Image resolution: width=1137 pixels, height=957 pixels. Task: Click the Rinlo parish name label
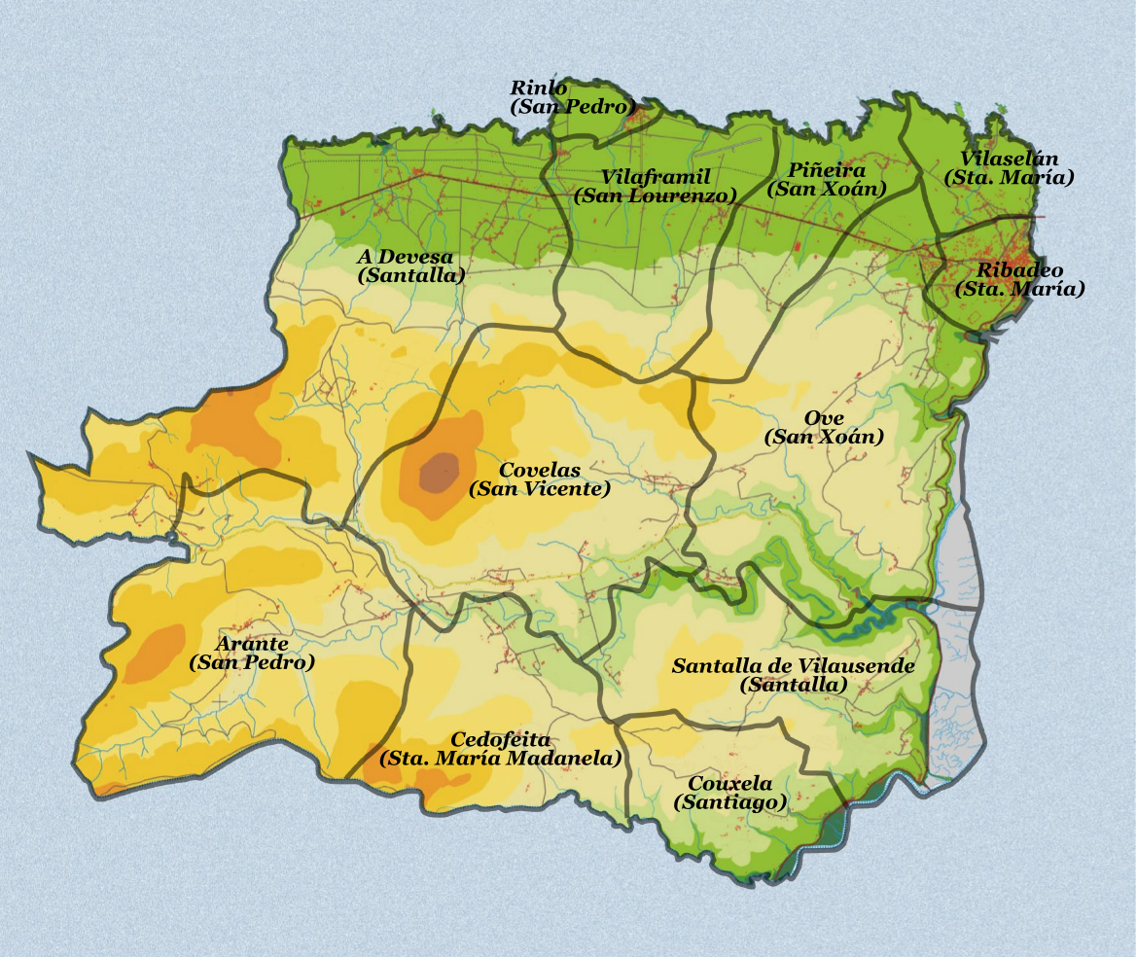(x=539, y=89)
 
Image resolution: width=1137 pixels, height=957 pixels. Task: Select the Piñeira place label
(x=827, y=170)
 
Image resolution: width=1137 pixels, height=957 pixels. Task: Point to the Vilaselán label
(x=1009, y=159)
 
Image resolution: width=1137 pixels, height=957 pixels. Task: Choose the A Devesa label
(x=405, y=257)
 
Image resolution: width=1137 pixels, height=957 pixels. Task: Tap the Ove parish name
(x=823, y=418)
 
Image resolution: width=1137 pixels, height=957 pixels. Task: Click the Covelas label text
(x=539, y=471)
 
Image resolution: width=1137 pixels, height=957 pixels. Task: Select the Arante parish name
(x=251, y=644)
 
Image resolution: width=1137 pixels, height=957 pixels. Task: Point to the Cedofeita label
(x=500, y=740)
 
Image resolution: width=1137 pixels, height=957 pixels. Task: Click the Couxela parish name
(x=729, y=784)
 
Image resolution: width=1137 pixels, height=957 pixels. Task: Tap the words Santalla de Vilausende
(x=793, y=666)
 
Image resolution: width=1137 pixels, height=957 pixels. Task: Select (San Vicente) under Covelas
(x=539, y=489)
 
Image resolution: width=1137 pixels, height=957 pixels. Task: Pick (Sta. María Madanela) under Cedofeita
(x=500, y=759)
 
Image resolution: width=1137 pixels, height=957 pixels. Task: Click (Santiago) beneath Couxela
(x=729, y=802)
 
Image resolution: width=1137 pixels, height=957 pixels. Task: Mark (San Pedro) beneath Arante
(x=251, y=662)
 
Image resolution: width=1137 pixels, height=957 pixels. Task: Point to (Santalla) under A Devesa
(x=410, y=275)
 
